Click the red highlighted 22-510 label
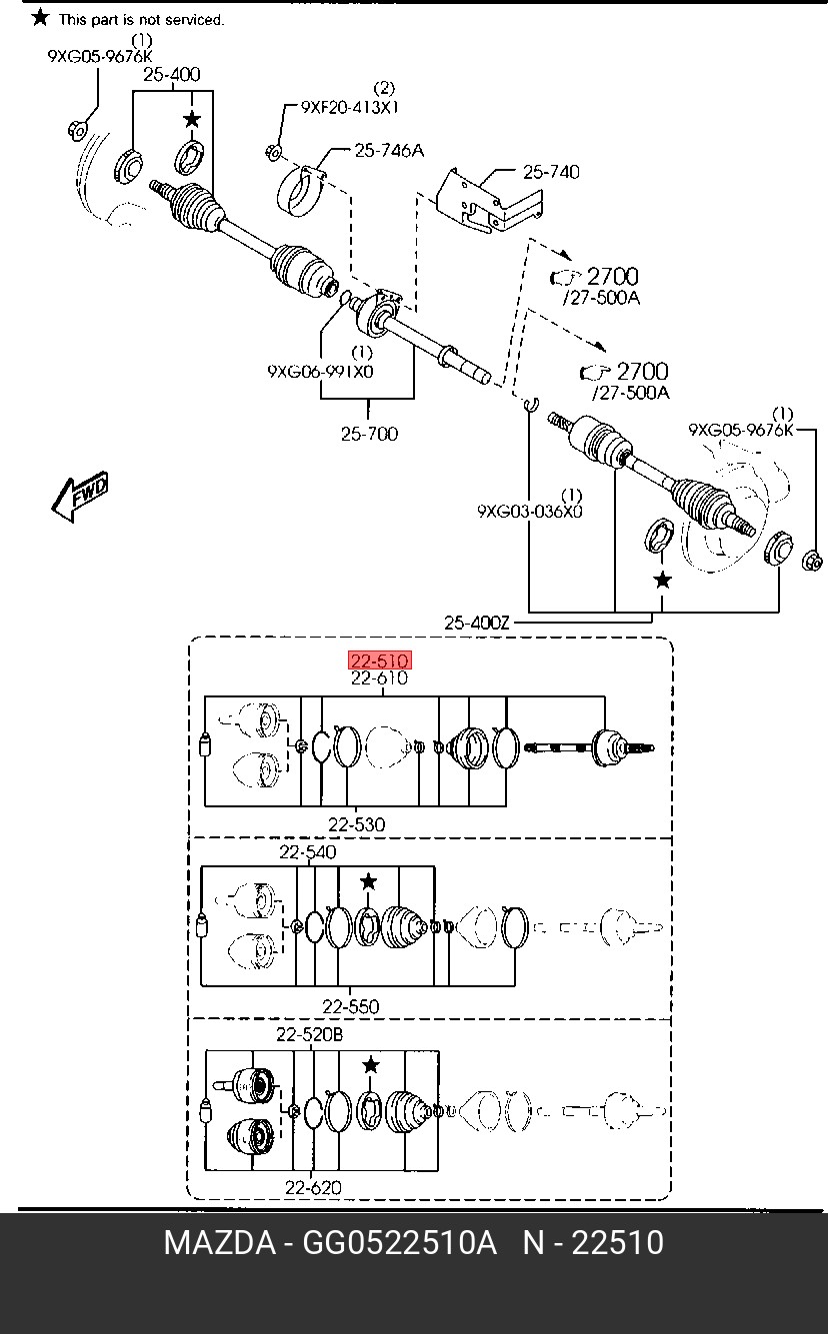tap(380, 661)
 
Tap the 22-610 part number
tap(380, 677)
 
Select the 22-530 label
tap(356, 824)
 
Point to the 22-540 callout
tap(308, 852)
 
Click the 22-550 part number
tap(351, 1007)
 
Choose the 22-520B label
tap(309, 1035)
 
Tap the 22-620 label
tap(313, 1188)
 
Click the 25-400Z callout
tap(477, 623)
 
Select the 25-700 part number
tap(370, 434)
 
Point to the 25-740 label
tap(551, 172)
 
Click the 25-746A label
tap(389, 150)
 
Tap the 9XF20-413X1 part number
tap(350, 107)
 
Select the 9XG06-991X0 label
tap(320, 372)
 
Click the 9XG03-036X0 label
tap(530, 512)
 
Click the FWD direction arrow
tap(80, 496)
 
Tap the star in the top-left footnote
tap(40, 17)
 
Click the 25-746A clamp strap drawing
tap(301, 191)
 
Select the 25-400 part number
tap(172, 74)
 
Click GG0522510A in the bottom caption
tap(399, 1243)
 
